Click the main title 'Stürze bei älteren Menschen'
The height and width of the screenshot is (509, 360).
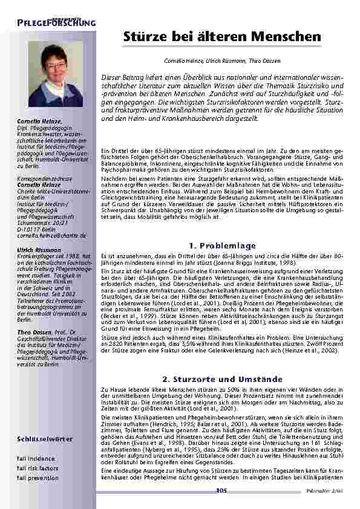coord(222,37)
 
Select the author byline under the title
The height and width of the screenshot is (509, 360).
coord(222,61)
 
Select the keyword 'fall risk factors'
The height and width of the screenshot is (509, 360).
coord(38,468)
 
